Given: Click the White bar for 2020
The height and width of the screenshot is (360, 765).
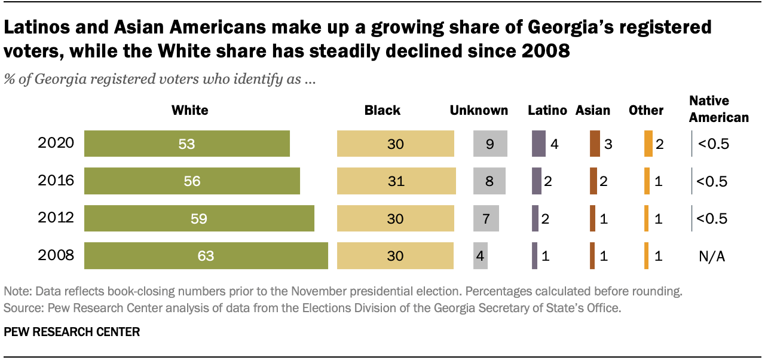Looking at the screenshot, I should pos(186,144).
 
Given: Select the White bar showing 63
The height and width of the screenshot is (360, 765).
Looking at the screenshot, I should pos(206,256).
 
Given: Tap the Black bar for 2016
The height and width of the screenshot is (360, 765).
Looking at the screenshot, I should pos(396,181).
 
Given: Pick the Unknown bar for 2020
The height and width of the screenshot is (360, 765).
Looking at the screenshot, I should pos(489,144).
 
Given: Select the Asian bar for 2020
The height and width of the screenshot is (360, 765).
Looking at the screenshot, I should pos(594,144).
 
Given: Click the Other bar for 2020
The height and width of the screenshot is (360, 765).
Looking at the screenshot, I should pos(648,144).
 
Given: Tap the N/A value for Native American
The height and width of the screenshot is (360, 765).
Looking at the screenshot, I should pos(711,256).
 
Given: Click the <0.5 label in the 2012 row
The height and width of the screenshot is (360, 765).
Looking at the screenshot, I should pos(711,219).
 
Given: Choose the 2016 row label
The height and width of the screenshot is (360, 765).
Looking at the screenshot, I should pos(56,181).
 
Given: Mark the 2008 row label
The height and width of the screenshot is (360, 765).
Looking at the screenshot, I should pos(56,256).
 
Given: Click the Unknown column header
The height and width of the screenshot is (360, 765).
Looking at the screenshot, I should pos(479,111).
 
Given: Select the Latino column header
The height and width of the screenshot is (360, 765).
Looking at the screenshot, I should pos(547,111).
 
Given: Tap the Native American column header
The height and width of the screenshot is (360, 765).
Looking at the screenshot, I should pos(718,109).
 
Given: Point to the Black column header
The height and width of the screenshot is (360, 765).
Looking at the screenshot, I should pos(382,111).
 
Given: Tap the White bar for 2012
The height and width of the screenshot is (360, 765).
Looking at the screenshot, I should pos(199,219).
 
